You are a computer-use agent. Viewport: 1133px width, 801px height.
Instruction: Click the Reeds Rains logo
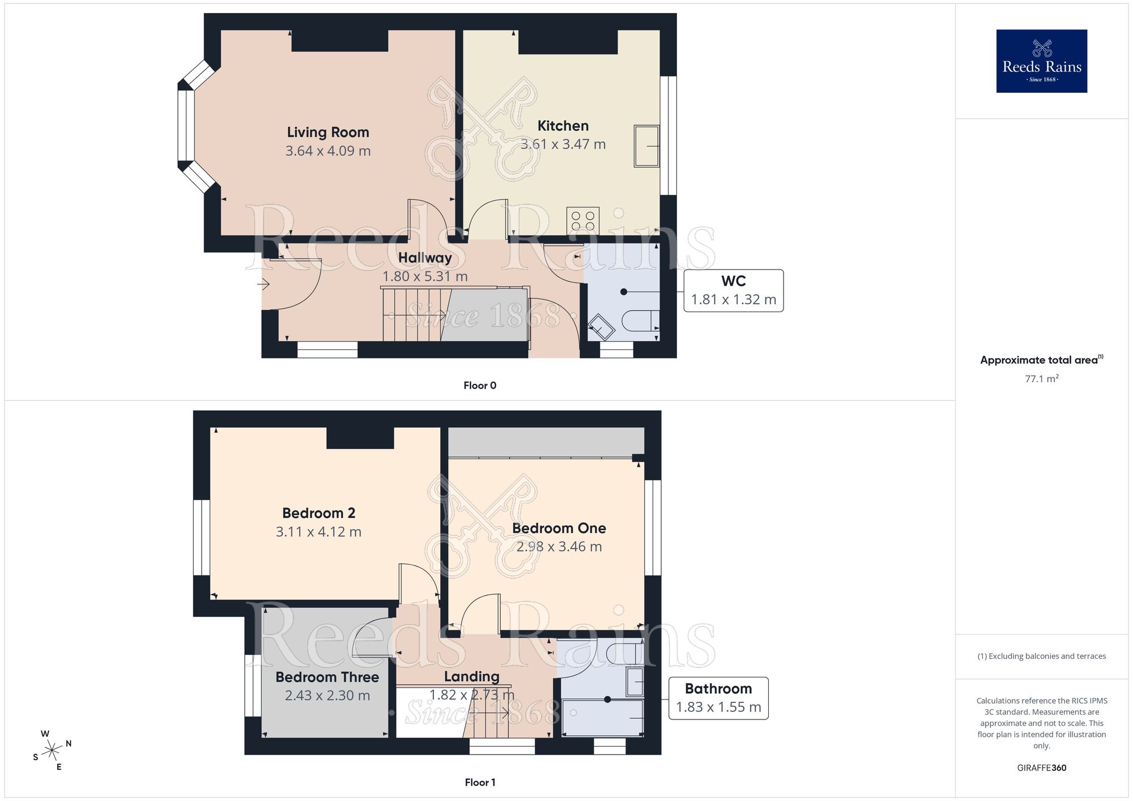click(x=1041, y=61)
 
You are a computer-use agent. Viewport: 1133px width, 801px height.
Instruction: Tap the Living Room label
click(x=328, y=132)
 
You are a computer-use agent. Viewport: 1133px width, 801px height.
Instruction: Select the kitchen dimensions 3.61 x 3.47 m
click(x=563, y=144)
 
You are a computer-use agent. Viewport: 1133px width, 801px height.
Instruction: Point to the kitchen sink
click(x=646, y=146)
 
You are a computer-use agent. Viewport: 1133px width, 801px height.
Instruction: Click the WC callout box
click(x=733, y=291)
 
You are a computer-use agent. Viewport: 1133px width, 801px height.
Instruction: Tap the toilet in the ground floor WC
click(x=640, y=321)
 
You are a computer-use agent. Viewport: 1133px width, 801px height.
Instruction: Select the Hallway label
click(x=425, y=258)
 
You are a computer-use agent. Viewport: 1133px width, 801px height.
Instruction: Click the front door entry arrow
click(x=263, y=284)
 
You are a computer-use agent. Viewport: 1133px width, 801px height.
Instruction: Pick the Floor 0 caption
click(x=480, y=386)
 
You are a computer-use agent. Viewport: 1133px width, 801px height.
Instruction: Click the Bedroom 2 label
click(x=318, y=513)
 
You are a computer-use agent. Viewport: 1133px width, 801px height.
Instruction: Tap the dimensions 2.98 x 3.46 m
click(x=559, y=547)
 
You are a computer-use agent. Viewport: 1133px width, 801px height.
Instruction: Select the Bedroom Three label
click(x=327, y=677)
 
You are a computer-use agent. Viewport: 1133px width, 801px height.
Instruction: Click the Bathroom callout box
click(x=718, y=698)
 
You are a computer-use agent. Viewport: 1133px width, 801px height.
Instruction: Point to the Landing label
click(x=471, y=676)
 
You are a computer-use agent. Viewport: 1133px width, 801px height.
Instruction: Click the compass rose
click(x=52, y=751)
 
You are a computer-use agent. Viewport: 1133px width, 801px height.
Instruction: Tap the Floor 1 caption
click(x=480, y=782)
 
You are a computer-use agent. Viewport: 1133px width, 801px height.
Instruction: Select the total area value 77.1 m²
click(x=1041, y=378)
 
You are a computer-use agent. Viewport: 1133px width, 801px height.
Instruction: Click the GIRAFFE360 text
click(x=1041, y=768)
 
